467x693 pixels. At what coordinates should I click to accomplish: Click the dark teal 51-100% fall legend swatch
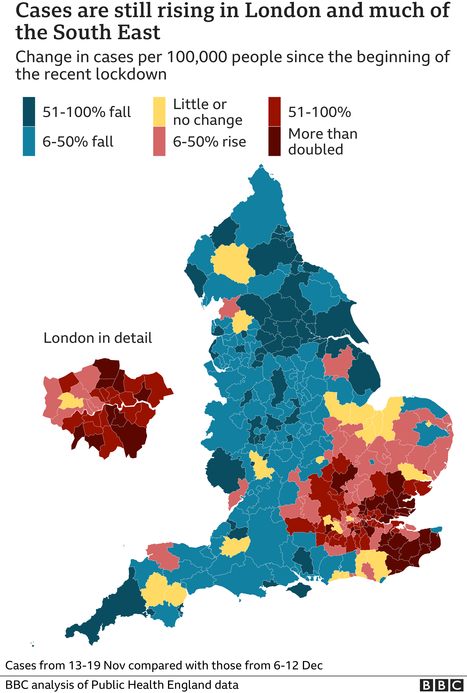(x=29, y=112)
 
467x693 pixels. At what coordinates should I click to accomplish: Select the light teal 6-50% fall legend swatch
(x=29, y=141)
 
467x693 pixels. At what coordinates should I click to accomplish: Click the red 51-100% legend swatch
(x=274, y=112)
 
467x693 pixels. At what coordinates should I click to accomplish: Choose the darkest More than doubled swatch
(x=274, y=141)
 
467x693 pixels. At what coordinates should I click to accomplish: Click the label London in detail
(x=98, y=338)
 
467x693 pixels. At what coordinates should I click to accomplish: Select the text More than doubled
(x=322, y=141)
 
